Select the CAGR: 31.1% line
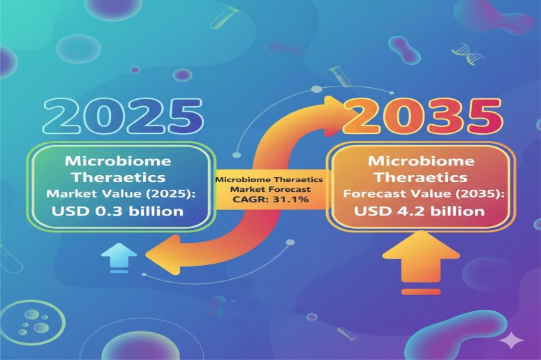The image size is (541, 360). [264, 200]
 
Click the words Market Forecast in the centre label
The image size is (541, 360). [264, 190]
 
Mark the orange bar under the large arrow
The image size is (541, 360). [420, 290]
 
